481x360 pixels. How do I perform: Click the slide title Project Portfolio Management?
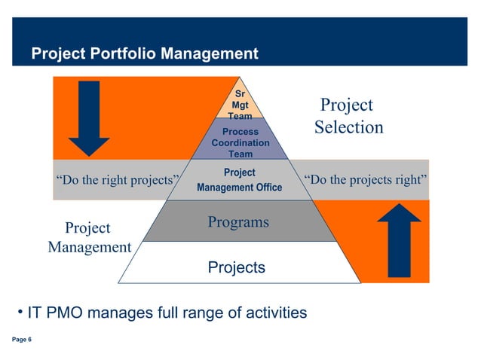coord(144,54)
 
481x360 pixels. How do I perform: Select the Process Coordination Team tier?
coord(240,142)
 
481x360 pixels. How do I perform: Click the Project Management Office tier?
coord(240,180)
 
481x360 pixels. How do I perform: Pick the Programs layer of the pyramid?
coord(238,222)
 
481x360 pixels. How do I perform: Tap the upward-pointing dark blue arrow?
coord(398,243)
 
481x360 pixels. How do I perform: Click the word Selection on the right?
coord(348,127)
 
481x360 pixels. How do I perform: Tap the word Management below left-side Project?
coord(89,247)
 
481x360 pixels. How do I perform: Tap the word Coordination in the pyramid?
coord(240,142)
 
